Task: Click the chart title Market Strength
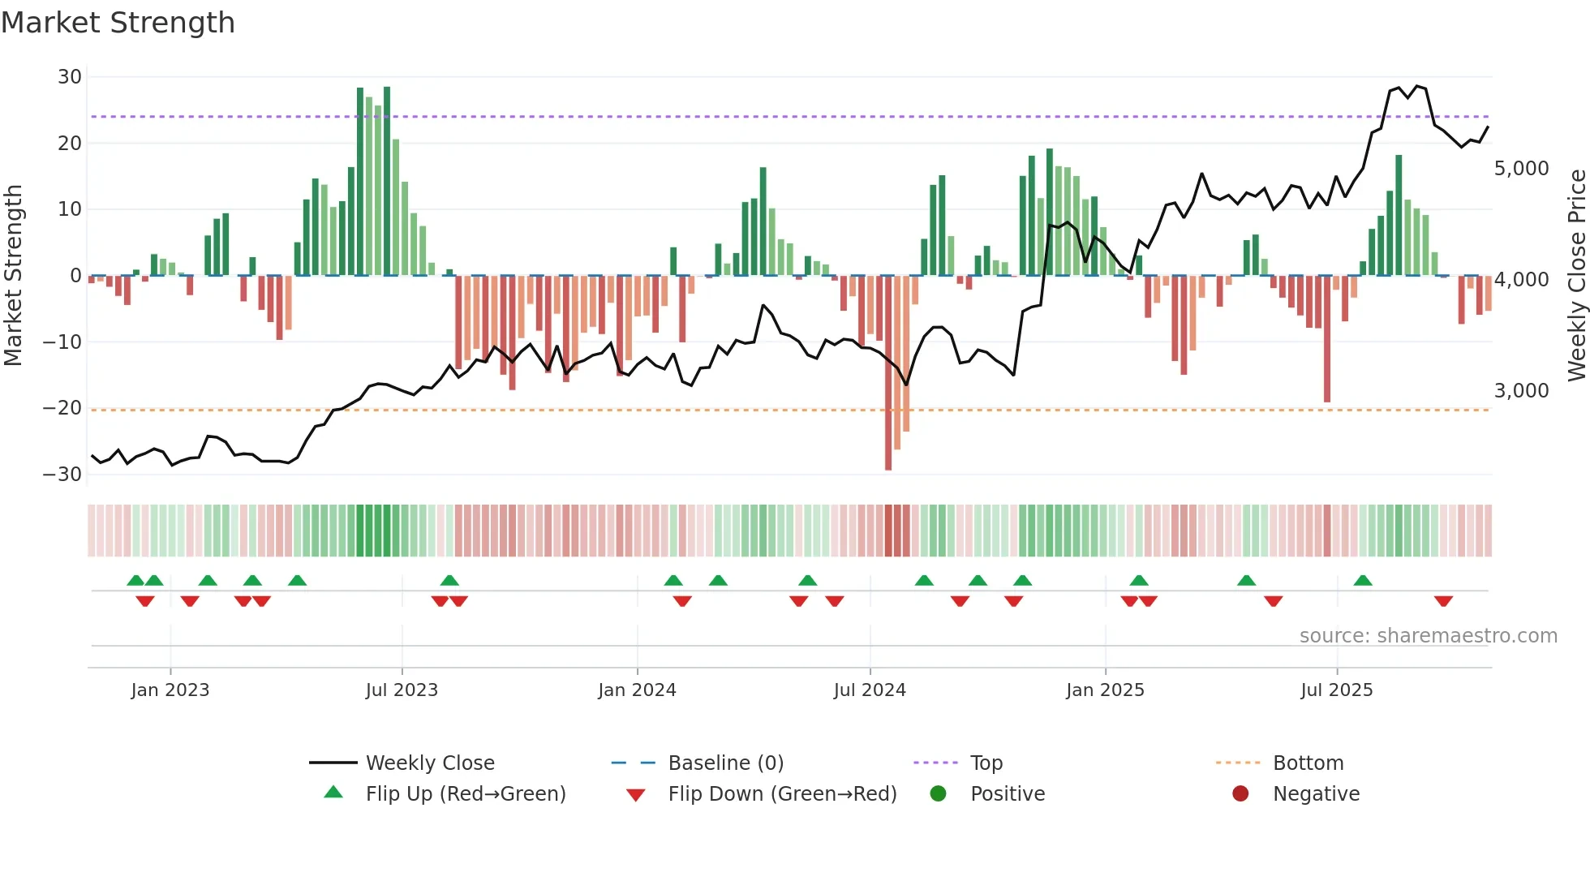point(118,23)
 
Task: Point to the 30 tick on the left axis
point(70,77)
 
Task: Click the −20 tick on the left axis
point(63,408)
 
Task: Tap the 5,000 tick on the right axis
point(1521,169)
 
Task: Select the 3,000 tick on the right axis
point(1521,391)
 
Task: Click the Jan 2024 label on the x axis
point(637,690)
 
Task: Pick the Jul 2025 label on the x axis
point(1336,690)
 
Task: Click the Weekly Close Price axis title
point(1576,275)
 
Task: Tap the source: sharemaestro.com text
point(1428,636)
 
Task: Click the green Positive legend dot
point(939,794)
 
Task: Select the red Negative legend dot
point(1240,794)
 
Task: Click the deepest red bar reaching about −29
point(888,373)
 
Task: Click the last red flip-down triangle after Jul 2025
point(1443,601)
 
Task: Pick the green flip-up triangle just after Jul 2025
point(1363,581)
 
